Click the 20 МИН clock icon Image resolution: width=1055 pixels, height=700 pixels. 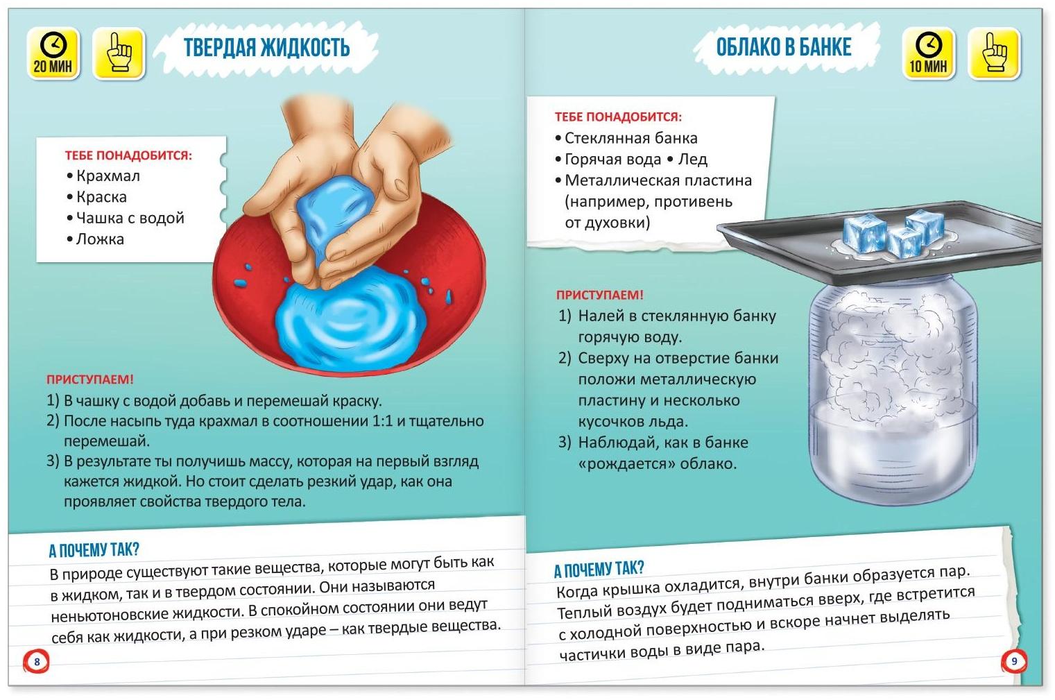53,53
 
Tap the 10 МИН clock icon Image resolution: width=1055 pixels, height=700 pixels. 928,53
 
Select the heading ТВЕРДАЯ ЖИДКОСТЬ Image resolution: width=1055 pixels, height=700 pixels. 266,48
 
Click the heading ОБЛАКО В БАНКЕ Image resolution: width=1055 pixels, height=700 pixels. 784,47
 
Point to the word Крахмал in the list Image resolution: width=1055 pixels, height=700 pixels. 108,176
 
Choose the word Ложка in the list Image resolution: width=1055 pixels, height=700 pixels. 100,239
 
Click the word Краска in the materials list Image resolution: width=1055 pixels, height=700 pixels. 101,197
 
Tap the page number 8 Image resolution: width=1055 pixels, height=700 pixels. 37,661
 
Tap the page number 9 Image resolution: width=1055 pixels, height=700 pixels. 1014,661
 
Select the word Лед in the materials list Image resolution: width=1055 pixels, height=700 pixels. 692,160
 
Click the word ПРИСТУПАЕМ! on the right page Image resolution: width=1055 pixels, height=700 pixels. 599,296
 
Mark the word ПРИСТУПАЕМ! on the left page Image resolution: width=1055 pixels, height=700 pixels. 90,379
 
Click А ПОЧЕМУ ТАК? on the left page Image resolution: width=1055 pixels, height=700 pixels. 94,549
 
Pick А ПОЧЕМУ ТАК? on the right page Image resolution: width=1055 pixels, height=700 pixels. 599,569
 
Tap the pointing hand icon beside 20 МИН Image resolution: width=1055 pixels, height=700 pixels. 119,53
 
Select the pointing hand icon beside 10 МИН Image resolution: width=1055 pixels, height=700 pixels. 994,53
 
